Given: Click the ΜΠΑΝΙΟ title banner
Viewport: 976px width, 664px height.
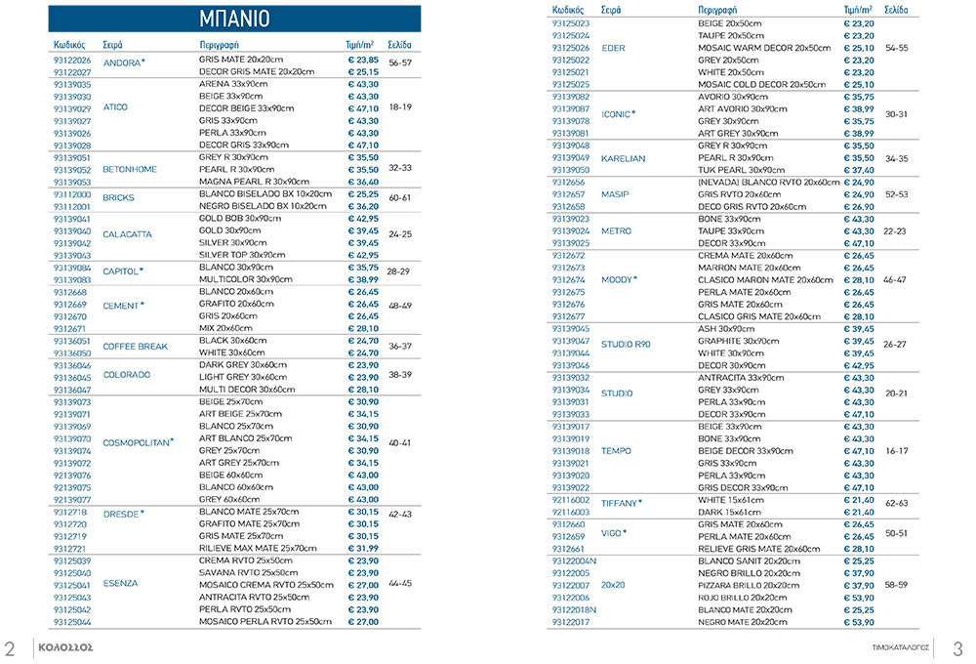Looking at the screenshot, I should pyautogui.click(x=234, y=19).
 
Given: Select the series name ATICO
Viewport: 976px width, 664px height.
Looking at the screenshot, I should pyautogui.click(x=115, y=107).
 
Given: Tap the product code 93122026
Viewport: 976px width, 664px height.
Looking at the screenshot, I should pyautogui.click(x=71, y=61).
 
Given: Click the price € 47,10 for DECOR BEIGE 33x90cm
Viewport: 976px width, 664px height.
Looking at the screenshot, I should pyautogui.click(x=363, y=108).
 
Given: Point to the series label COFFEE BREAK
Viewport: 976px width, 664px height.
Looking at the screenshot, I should pyautogui.click(x=136, y=346).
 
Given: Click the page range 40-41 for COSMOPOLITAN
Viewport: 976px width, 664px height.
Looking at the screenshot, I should pyautogui.click(x=399, y=442).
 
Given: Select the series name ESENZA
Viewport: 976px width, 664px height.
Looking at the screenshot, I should pyautogui.click(x=120, y=584).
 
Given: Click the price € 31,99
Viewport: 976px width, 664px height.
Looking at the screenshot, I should pyautogui.click(x=363, y=548).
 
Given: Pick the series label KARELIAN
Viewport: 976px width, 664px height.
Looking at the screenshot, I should pyautogui.click(x=623, y=157).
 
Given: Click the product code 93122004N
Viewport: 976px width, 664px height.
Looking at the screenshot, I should pyautogui.click(x=574, y=561).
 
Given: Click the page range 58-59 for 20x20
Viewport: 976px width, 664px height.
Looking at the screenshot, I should pyautogui.click(x=896, y=585).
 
